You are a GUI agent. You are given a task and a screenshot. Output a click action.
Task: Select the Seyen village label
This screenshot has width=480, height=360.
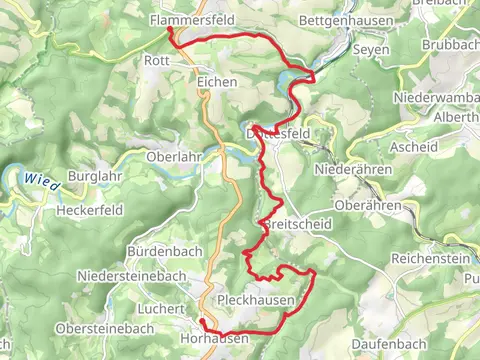point(370,49)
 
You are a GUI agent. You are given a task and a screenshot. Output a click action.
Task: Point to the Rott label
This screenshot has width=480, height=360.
point(157,60)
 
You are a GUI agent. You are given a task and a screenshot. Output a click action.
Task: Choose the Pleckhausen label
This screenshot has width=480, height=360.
point(255,300)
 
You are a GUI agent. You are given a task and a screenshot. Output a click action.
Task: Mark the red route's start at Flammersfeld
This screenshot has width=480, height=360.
point(170,31)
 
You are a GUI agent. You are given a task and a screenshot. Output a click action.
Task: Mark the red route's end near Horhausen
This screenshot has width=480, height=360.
point(201,322)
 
